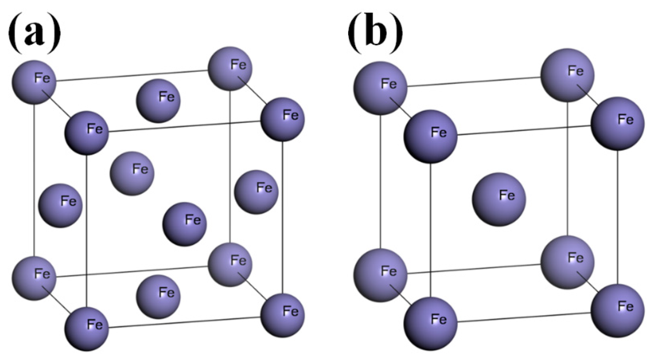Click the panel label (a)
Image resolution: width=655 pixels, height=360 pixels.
[35, 33]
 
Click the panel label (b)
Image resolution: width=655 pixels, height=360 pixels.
[375, 33]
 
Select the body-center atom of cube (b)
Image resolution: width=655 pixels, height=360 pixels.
[499, 199]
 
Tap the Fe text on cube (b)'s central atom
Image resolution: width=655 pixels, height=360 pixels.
[507, 195]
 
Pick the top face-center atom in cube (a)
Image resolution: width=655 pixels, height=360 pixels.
[158, 101]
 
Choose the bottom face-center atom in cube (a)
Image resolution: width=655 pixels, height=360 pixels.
[158, 297]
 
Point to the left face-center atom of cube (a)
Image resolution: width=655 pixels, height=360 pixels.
[61, 205]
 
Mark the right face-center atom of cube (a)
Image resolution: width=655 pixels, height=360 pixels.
[256, 192]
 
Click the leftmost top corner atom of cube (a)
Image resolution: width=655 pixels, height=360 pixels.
[34, 82]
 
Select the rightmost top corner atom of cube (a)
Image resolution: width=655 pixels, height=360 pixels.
[283, 119]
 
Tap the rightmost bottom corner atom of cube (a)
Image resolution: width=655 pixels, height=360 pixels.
[283, 315]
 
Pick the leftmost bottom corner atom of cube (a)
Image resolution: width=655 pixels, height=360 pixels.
[34, 278]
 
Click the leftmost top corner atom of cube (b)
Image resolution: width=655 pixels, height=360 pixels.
[380, 88]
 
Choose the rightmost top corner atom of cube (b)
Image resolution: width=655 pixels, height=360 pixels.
[618, 123]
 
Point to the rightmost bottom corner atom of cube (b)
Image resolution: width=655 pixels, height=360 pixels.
[618, 311]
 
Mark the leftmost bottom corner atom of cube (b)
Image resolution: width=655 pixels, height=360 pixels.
[380, 275]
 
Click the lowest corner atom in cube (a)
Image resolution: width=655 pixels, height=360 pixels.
[87, 329]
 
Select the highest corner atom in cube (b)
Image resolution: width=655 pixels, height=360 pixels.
[567, 75]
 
